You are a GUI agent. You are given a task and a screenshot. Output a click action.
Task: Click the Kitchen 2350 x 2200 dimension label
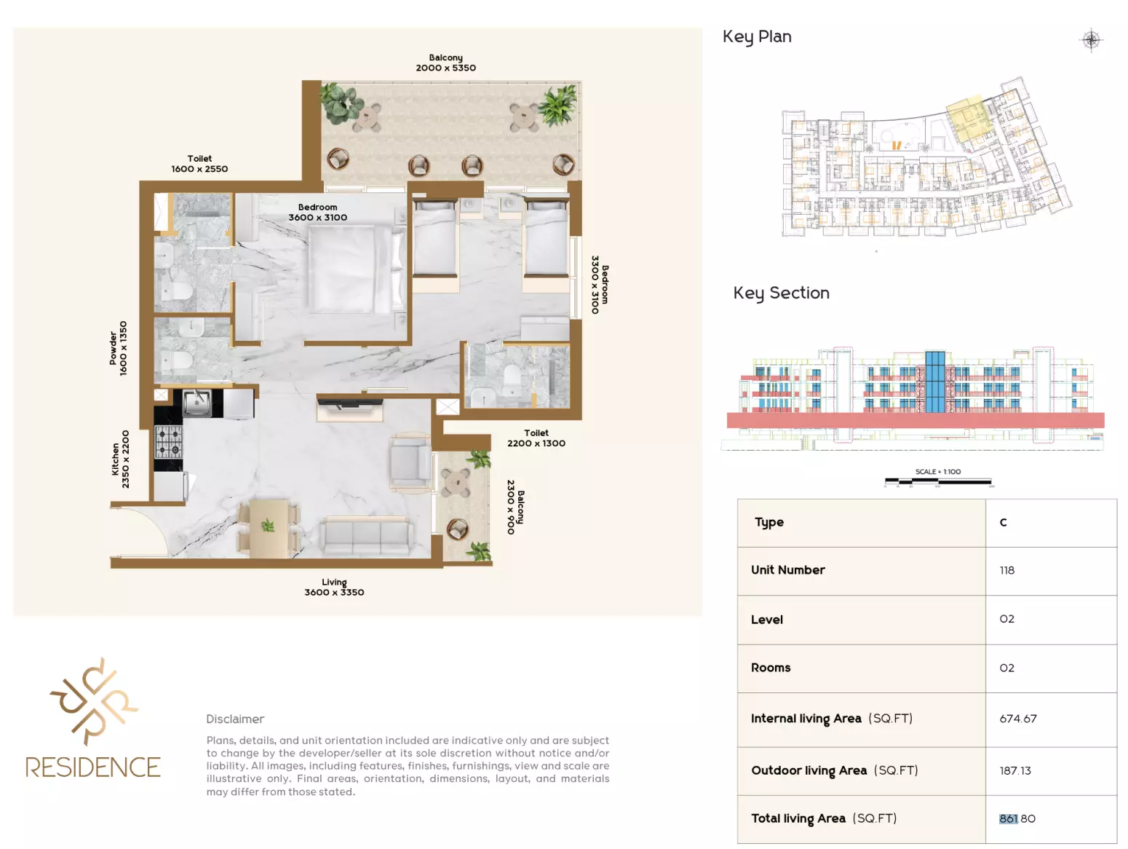click(120, 459)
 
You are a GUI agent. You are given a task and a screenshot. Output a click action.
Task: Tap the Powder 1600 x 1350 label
click(118, 348)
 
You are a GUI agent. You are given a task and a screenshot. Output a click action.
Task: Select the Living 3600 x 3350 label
click(334, 587)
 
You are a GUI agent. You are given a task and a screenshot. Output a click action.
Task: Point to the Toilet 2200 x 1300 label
click(536, 438)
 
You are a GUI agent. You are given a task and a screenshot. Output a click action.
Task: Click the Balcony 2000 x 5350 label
click(445, 63)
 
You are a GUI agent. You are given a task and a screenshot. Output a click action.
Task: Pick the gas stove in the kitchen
click(169, 441)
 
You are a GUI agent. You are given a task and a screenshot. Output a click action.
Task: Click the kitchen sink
click(196, 403)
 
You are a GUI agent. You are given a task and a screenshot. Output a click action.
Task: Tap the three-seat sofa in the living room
click(366, 537)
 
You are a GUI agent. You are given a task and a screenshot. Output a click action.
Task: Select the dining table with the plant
click(269, 529)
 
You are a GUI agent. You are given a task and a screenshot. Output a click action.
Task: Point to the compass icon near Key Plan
click(1091, 39)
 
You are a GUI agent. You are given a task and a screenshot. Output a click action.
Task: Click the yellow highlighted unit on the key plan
click(968, 118)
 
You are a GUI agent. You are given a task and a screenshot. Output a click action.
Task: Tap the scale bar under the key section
click(937, 481)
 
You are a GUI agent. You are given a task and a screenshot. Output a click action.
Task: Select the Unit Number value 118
click(1006, 570)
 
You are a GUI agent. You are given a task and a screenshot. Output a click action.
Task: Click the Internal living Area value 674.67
click(1017, 719)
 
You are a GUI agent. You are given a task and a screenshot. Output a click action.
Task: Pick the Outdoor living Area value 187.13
click(1015, 770)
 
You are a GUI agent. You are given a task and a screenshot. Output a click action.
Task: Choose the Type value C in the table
click(1003, 523)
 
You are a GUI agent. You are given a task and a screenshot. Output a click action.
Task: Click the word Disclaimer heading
click(235, 719)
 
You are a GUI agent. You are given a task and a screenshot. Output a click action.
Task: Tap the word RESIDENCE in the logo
click(93, 767)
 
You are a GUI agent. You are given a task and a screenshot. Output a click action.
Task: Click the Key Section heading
click(781, 293)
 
